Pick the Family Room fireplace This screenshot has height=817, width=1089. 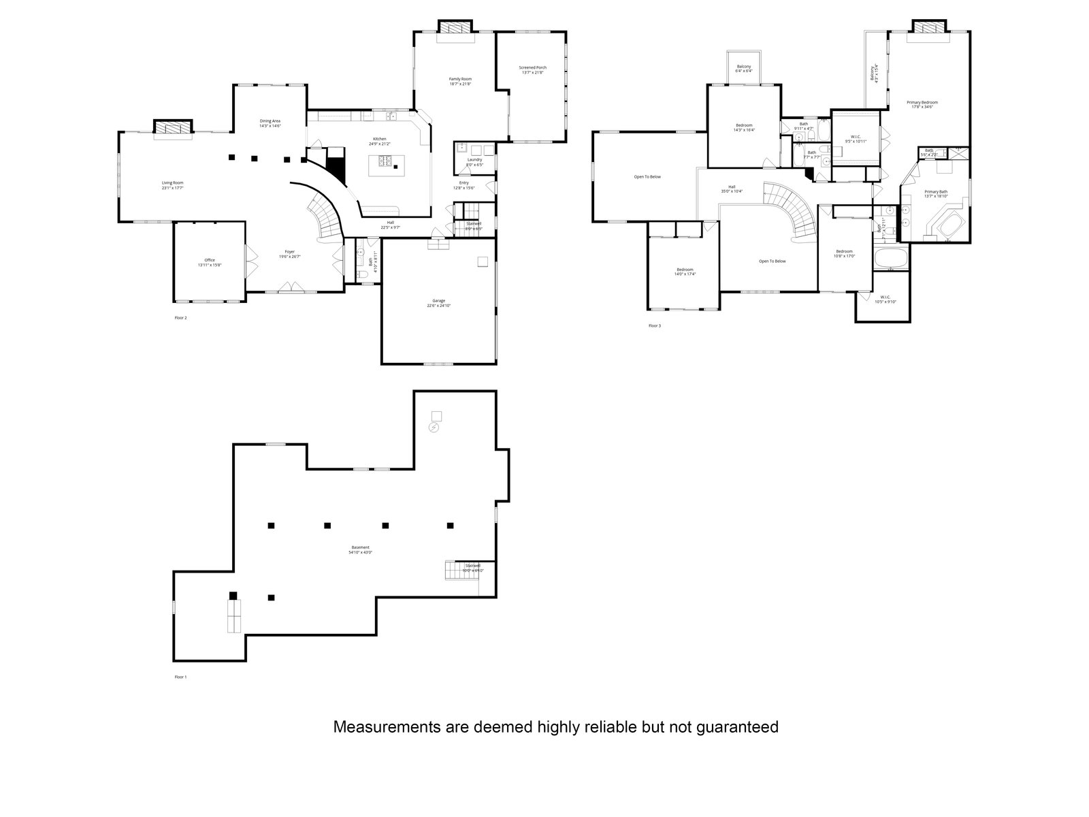453,27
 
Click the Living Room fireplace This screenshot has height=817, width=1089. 173,127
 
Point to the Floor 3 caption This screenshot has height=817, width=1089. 654,325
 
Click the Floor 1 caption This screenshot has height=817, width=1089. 180,677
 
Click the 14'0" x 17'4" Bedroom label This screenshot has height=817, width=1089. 685,272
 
